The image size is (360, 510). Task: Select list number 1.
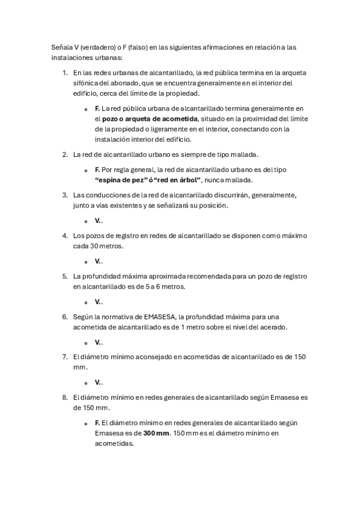point(65,72)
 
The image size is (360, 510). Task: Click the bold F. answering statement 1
point(97,108)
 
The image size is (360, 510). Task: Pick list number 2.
point(65,155)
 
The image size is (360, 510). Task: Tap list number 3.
point(65,195)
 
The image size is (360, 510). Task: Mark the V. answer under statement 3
point(97,220)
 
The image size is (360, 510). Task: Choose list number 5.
point(65,276)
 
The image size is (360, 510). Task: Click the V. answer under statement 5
point(97,301)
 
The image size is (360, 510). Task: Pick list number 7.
point(65,357)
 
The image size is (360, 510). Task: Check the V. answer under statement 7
point(97,382)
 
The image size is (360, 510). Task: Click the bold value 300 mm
point(156,432)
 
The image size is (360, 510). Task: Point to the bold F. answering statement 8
point(97,422)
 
